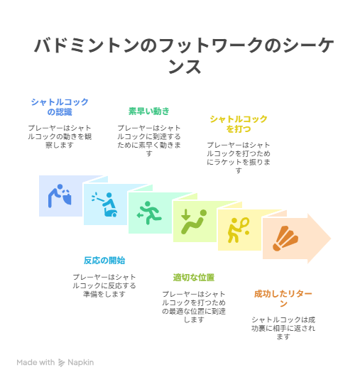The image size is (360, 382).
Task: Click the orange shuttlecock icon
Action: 285,239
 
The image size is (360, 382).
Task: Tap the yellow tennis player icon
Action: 239,230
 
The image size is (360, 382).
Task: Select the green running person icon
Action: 149,213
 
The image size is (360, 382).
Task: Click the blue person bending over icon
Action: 60,196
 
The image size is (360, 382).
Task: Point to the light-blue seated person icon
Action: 105,204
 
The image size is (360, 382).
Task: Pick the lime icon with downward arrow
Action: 194,222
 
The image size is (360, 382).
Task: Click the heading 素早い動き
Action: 149,111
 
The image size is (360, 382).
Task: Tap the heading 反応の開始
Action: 104,261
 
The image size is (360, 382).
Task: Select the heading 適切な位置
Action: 194,278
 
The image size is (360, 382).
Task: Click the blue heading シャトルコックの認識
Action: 60,107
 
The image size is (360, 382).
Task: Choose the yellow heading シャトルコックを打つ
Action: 239,124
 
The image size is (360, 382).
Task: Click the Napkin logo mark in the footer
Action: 61,363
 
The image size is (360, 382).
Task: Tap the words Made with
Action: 36,363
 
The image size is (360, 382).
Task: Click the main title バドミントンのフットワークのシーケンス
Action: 185,56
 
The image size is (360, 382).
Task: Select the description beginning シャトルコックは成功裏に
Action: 283,328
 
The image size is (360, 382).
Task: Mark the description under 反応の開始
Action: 104,285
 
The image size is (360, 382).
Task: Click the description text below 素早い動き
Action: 149,141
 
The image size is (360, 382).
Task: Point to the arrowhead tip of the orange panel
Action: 331,239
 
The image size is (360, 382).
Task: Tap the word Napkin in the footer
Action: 81,363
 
